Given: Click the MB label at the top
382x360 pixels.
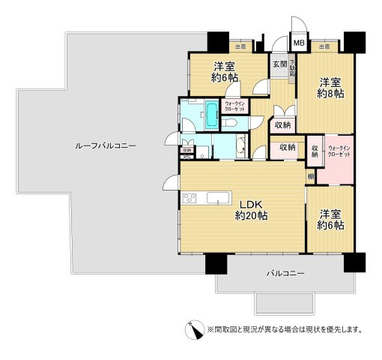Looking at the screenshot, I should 298,43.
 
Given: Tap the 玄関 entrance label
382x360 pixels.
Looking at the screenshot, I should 279,64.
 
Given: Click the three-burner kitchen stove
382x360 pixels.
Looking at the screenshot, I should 189,198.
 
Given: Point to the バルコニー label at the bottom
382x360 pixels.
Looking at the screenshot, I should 285,274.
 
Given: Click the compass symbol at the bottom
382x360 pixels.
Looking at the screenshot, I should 195,328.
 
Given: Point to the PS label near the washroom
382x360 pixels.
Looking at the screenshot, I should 187,157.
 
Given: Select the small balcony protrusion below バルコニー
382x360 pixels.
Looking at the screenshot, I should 285,303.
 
